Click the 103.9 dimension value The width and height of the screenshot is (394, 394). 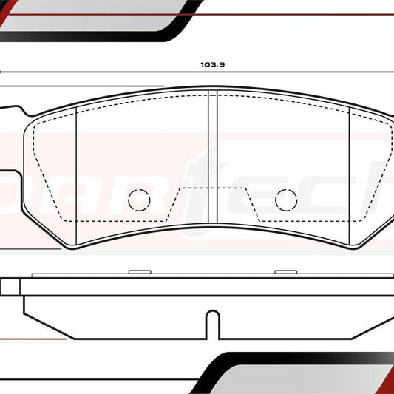(x=212, y=64)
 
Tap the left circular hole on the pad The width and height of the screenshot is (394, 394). (x=139, y=200)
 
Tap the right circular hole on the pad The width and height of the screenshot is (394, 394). (x=285, y=200)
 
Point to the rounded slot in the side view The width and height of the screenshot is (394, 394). (x=212, y=325)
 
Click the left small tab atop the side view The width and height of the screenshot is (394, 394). (x=139, y=273)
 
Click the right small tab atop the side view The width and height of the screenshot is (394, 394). (x=285, y=273)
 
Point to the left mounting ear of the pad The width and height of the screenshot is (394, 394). (x=13, y=111)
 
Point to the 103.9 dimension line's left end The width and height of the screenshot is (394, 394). (x=2, y=72)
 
